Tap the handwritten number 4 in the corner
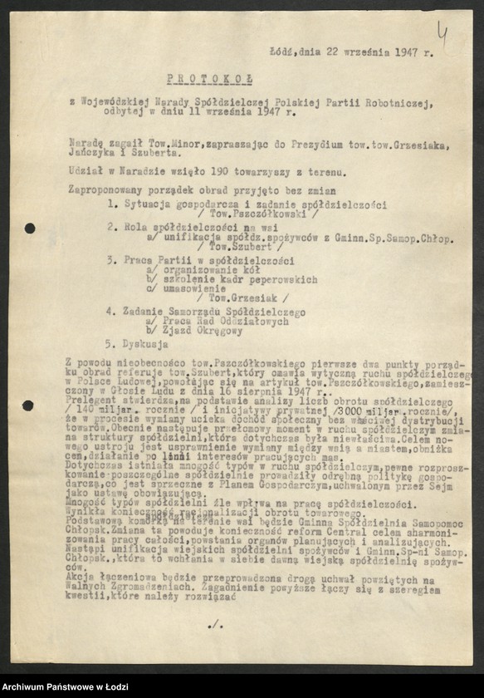(x=442, y=34)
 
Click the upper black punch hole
(x=30, y=228)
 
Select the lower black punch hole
(x=29, y=406)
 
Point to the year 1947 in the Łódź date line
(x=403, y=52)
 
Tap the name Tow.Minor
(x=144, y=144)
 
